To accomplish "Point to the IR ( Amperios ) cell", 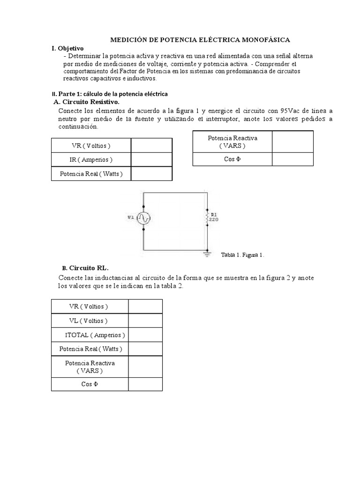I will pyautogui.click(x=90, y=159).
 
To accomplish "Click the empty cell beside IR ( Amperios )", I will pyautogui.click(x=151, y=159).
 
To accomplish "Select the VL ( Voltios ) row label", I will pyautogui.click(x=89, y=321).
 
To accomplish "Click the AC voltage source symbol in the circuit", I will pyautogui.click(x=143, y=218).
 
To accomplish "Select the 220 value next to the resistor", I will pyautogui.click(x=213, y=219).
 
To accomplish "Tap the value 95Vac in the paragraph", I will pyautogui.click(x=291, y=111).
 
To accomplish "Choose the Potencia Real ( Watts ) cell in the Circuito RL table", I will pyautogui.click(x=90, y=349).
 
